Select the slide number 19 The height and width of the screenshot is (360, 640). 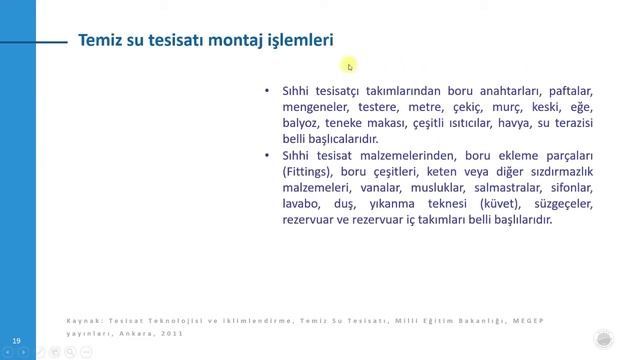tap(15, 342)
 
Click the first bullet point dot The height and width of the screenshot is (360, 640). tap(267, 90)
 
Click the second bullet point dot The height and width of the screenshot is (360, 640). tap(267, 155)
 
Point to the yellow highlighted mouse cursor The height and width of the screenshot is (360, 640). tap(349, 66)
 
